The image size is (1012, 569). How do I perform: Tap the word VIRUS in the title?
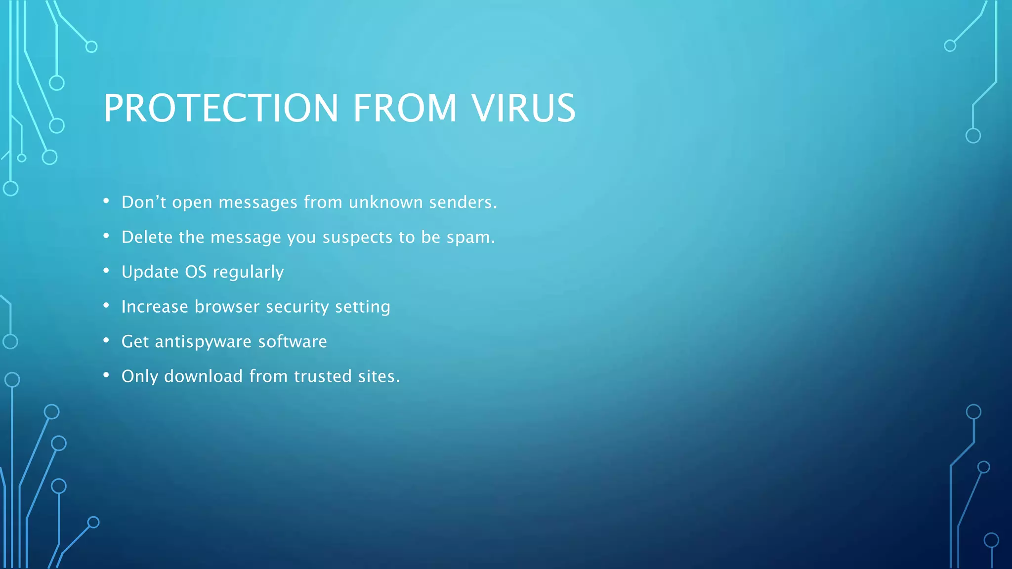click(x=523, y=108)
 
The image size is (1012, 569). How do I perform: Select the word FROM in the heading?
click(x=405, y=108)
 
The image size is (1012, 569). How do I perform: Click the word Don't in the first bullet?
click(x=144, y=202)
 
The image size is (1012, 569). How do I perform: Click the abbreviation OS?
click(x=195, y=272)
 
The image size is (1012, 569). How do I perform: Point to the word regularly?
click(x=248, y=272)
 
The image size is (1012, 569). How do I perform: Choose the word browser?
click(x=227, y=307)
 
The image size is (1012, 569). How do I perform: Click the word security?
click(x=297, y=307)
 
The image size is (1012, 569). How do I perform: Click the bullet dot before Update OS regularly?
click(x=106, y=271)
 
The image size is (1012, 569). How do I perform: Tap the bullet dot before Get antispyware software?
click(x=106, y=340)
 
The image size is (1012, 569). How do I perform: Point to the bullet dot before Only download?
click(x=106, y=375)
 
